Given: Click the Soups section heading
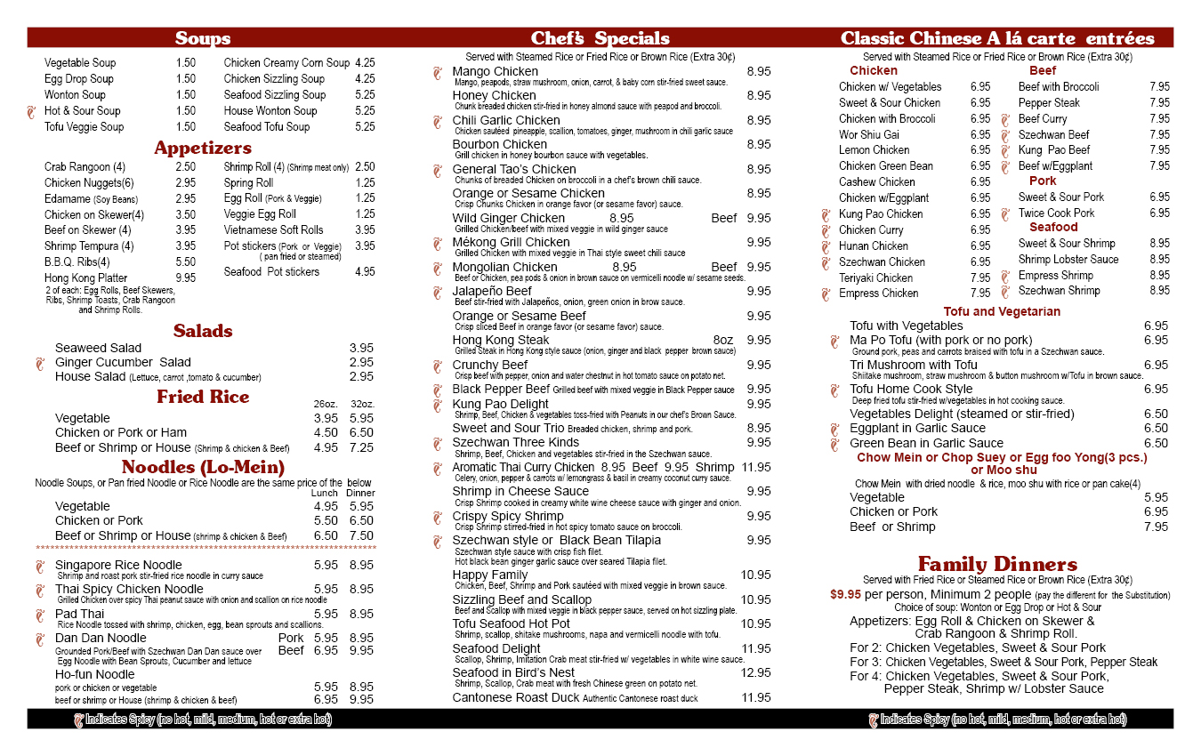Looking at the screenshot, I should [x=203, y=38].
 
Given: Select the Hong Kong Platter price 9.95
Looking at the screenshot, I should [x=186, y=278].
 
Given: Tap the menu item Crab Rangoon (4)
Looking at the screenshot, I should [x=85, y=167].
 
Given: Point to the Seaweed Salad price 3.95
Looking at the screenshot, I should [x=361, y=348].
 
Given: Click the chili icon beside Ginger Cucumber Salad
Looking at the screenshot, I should [x=38, y=363].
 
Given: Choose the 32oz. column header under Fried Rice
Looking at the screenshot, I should [x=362, y=404].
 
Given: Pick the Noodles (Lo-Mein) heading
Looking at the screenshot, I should [x=203, y=467].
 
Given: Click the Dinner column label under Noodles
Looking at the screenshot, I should [x=360, y=493].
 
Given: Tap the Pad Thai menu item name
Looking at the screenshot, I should [x=79, y=614].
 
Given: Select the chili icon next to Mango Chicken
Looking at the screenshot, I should [x=437, y=72].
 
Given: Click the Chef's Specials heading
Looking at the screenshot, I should [x=600, y=38].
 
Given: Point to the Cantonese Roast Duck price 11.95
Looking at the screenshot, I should [x=755, y=697].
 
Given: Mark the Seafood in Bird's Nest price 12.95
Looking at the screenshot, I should [x=755, y=672].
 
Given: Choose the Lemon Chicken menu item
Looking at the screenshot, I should [x=874, y=150].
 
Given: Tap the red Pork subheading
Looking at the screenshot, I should [x=1043, y=181].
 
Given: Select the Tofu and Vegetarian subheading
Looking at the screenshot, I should [x=1002, y=311].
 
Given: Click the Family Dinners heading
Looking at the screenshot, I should [x=997, y=564].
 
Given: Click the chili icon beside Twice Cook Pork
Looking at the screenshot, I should [x=1005, y=213].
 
